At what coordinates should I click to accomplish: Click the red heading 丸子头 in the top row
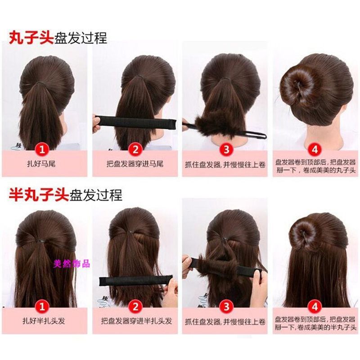31,38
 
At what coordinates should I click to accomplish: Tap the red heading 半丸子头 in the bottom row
39,195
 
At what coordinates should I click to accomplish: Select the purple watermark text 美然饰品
72,264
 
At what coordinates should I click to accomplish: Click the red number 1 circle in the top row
42,150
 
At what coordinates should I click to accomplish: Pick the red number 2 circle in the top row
135,150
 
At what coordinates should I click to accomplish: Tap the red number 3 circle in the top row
226,150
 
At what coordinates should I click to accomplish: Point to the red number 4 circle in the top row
315,150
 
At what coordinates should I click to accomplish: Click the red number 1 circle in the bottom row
42,307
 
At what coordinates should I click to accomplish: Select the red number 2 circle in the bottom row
135,307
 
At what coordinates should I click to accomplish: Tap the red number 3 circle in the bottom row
226,307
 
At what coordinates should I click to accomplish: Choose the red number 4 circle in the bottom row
315,307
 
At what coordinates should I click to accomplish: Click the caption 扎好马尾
41,164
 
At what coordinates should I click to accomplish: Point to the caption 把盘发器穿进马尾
135,164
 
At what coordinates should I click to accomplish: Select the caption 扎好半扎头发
44,321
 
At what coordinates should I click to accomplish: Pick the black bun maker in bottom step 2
136,280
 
